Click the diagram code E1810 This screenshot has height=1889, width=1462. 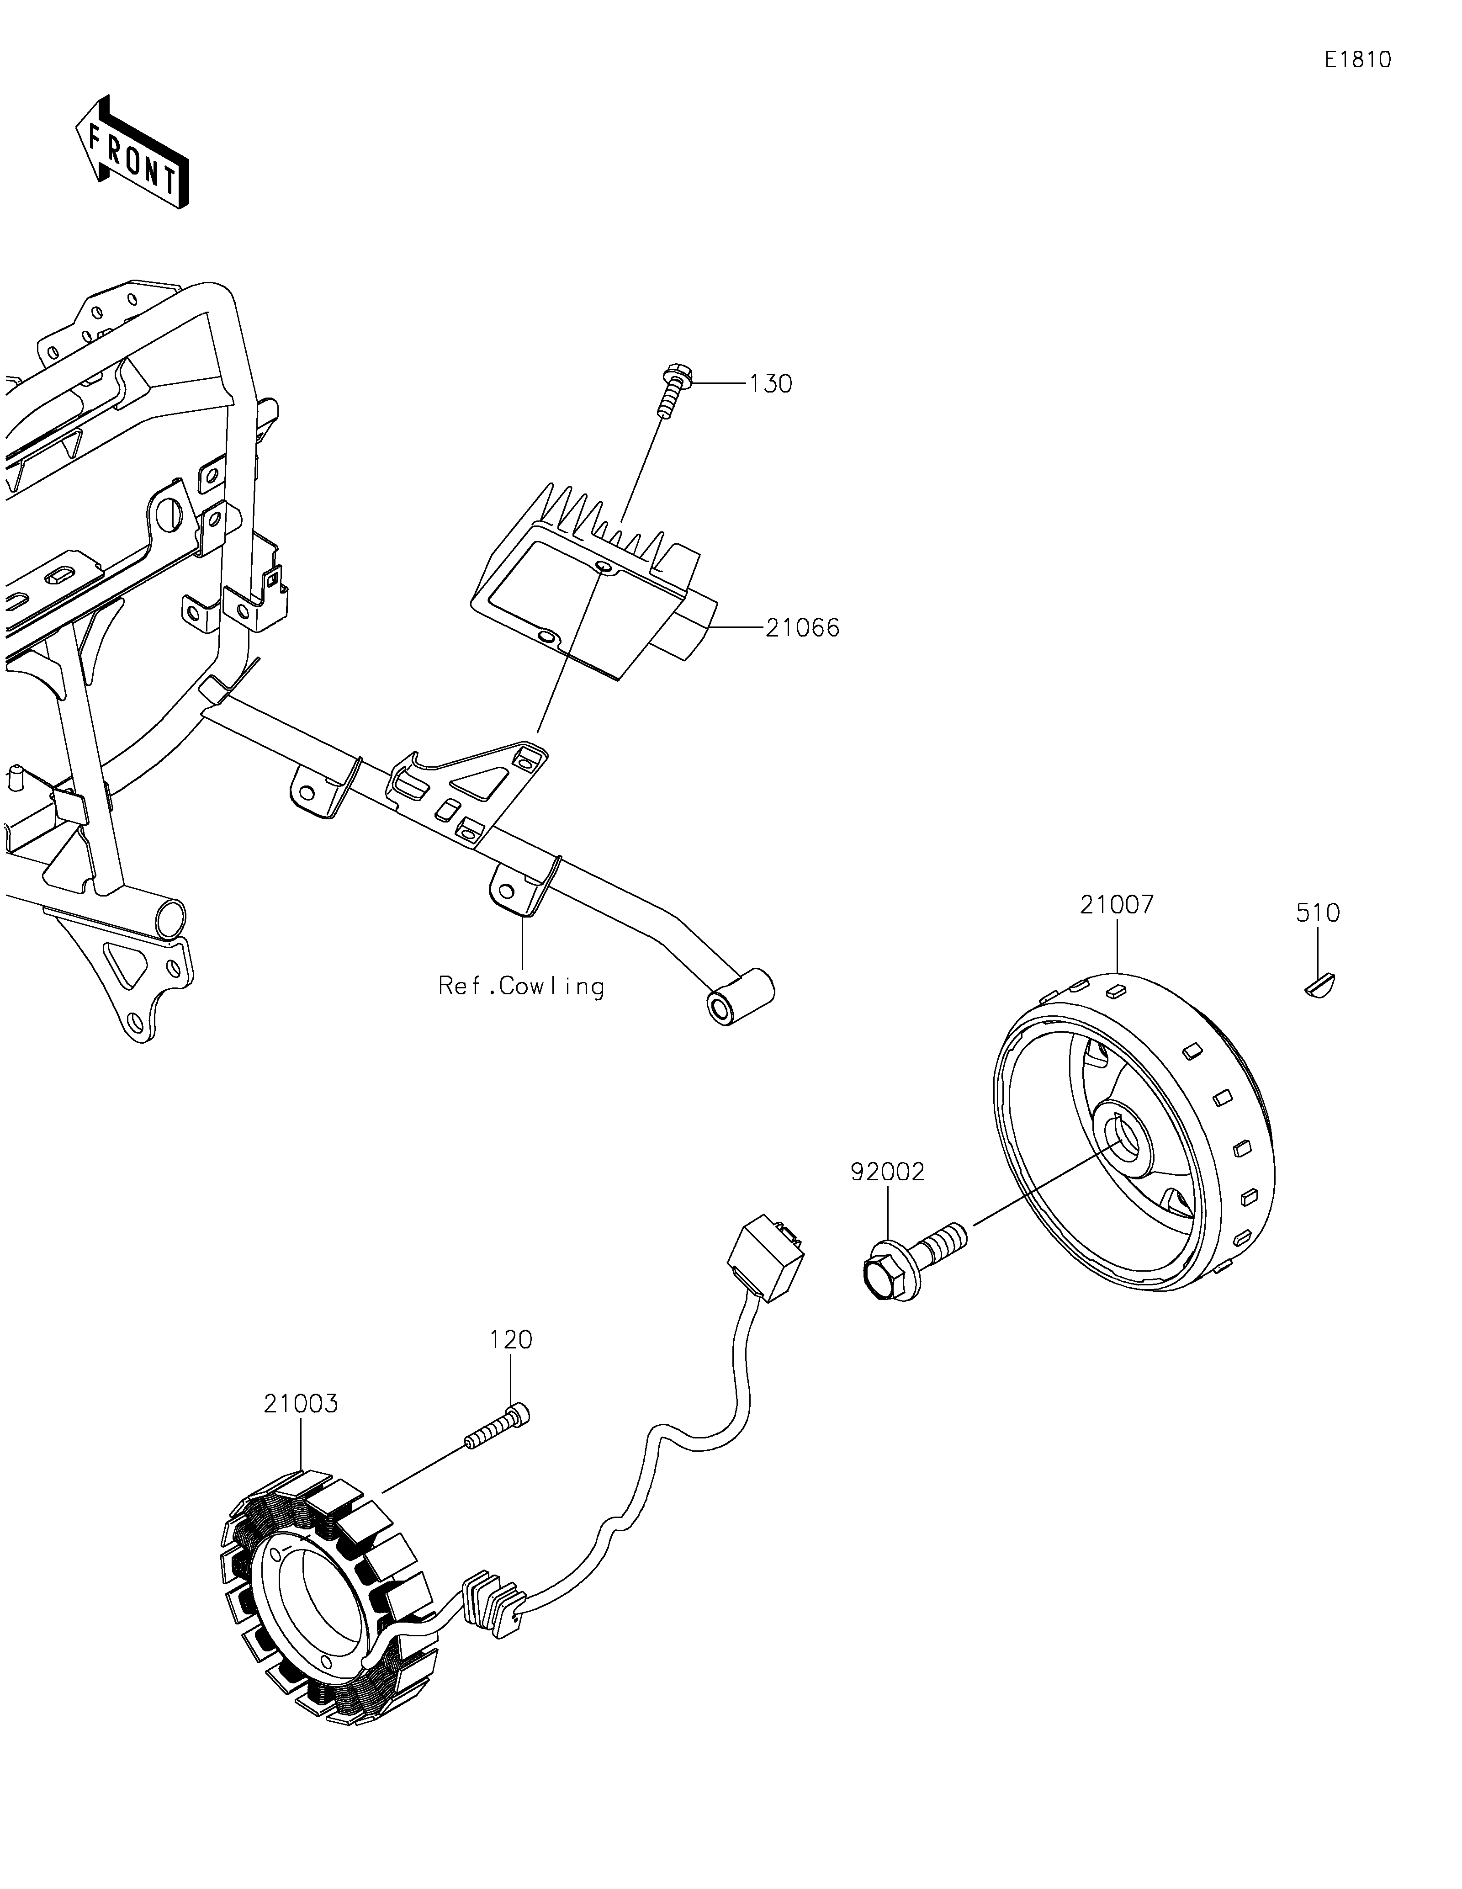(x=1357, y=60)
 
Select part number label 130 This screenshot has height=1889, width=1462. (x=770, y=384)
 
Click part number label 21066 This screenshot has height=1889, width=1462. (x=802, y=628)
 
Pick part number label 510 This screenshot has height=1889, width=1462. (x=1318, y=913)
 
